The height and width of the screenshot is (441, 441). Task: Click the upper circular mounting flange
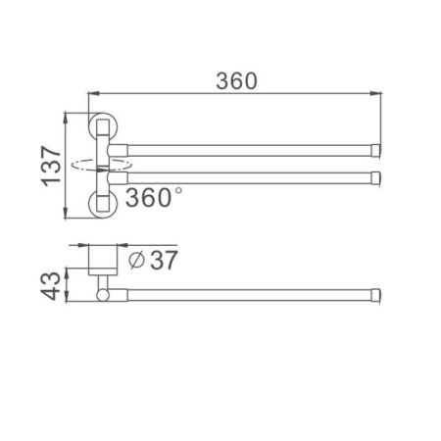101,128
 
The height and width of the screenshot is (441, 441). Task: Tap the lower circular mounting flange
101,203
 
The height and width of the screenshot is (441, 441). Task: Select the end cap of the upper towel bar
375,149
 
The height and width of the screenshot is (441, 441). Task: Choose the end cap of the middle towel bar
375,177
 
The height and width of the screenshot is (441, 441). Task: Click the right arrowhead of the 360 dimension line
377,94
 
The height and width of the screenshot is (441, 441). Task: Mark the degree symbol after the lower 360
177,191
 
